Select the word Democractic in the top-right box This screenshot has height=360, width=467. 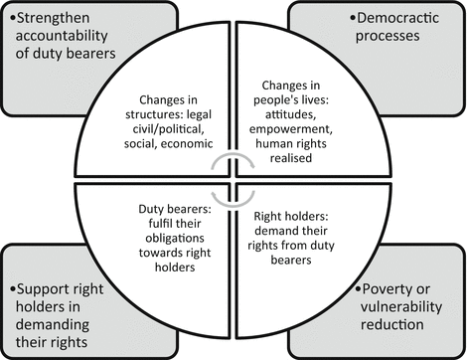[x=390, y=20]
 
